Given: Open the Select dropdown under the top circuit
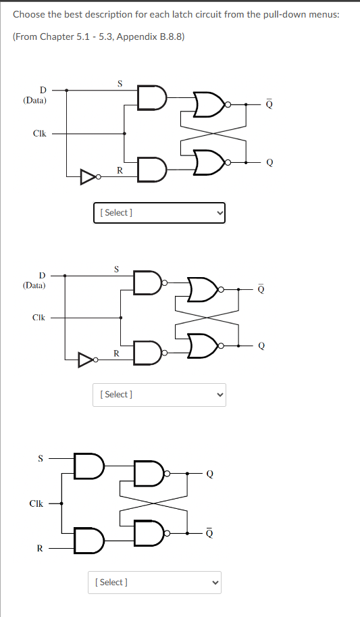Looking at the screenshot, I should point(159,213).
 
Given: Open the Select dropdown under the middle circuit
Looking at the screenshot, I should point(159,394).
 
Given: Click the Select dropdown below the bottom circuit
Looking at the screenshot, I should point(155,582).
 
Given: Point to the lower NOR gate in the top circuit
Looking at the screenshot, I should point(209,162).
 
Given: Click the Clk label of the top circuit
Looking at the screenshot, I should point(39,133).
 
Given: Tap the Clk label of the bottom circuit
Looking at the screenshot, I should point(36,503).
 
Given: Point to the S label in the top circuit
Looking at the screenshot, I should point(120,84).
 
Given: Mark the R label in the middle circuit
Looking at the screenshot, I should point(116,353).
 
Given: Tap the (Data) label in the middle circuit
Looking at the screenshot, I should point(34,285).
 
